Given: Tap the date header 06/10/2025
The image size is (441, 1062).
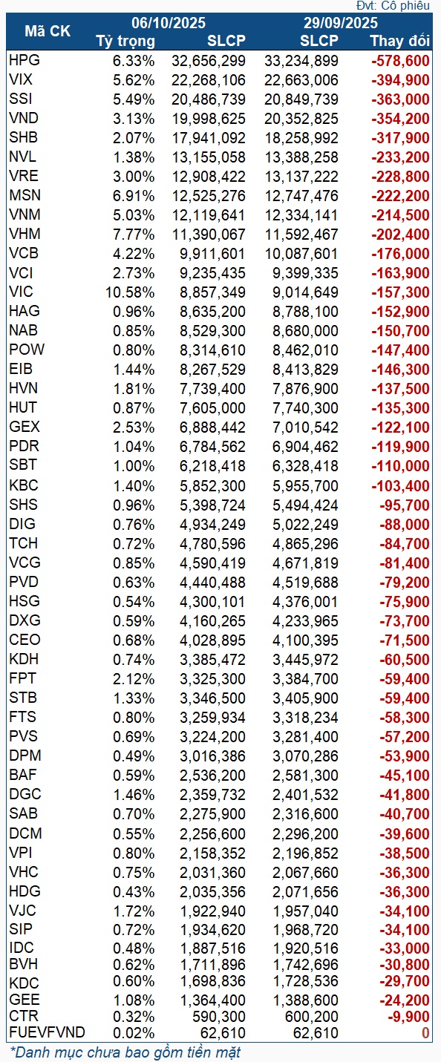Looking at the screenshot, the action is tap(169, 24).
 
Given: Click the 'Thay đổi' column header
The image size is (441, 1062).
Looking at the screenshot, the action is tap(399, 40).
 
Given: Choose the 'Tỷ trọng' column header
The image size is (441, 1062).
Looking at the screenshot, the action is tap(126, 40).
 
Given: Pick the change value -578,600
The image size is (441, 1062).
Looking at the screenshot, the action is tap(400, 60).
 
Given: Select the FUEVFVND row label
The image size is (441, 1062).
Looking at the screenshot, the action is tap(48, 1032).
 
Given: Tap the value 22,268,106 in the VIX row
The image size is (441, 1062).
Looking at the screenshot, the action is tap(212, 79).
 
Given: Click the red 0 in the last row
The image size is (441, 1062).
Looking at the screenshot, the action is tap(425, 1032).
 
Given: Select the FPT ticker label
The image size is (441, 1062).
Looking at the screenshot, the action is tap(22, 678).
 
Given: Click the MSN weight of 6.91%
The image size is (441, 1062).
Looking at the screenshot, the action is tap(134, 195).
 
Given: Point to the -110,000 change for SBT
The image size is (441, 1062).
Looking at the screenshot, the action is tap(400, 465).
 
